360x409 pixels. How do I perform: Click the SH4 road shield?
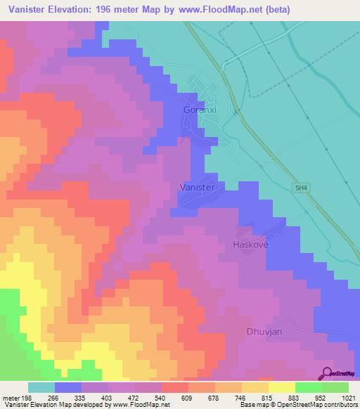pyautogui.click(x=301, y=187)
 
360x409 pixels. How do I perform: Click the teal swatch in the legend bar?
pyautogui.click(x=41, y=387)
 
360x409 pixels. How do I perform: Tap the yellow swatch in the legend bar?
pyautogui.click(x=281, y=387)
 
